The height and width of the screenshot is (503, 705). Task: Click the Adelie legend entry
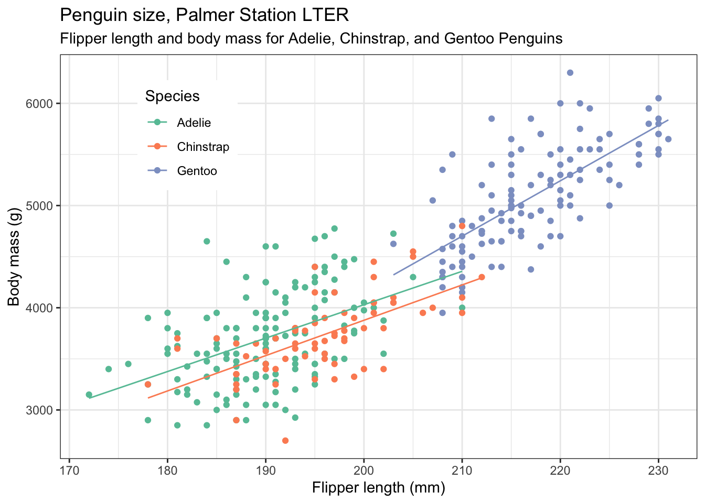click(x=194, y=123)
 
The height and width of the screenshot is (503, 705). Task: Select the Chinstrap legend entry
click(x=202, y=147)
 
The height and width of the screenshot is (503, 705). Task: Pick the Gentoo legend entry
click(x=197, y=171)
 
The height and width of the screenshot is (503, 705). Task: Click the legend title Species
click(x=172, y=96)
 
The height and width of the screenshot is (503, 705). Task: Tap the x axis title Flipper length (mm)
click(x=378, y=488)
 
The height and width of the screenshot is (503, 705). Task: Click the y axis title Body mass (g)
click(x=14, y=257)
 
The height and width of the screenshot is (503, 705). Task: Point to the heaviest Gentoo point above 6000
click(x=570, y=73)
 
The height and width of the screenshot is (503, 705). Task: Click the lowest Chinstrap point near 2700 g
click(x=285, y=441)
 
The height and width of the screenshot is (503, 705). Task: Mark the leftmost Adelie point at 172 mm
click(x=89, y=395)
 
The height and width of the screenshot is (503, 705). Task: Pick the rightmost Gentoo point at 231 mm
click(x=668, y=139)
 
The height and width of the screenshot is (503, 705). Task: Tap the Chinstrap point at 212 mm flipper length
click(x=482, y=277)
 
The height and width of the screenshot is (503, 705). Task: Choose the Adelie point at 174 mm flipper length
click(x=109, y=369)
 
